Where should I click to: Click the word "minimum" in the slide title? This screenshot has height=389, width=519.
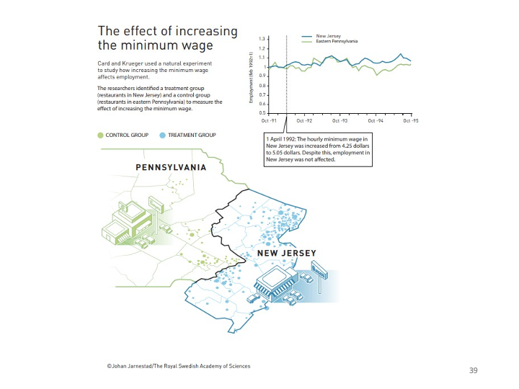143,45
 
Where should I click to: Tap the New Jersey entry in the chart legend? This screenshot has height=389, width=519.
328,35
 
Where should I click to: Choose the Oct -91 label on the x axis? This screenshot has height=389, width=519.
267,120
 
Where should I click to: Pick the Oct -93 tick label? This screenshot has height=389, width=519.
339,120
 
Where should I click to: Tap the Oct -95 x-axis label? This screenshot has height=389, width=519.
411,120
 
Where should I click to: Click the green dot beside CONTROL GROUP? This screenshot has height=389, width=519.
100,135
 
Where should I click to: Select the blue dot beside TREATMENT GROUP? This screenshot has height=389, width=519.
162,135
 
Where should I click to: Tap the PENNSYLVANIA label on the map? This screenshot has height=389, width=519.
171,167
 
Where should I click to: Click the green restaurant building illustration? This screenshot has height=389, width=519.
130,220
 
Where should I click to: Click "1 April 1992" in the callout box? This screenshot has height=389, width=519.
282,138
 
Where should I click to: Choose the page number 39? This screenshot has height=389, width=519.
473,370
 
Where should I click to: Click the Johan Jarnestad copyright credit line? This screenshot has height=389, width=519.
178,366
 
